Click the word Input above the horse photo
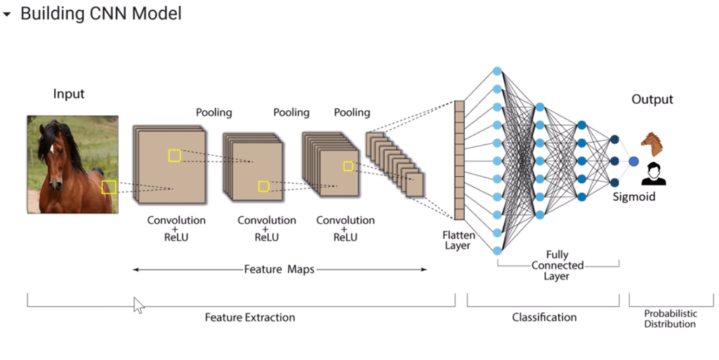coord(69,94)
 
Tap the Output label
coord(652,100)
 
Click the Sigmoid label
coord(633,196)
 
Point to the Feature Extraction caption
coord(250,317)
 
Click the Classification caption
coord(544,317)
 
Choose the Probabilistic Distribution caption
coord(670,319)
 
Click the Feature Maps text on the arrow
coord(279,269)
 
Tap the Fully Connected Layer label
coord(557,265)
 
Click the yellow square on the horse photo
coord(108,187)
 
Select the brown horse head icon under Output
coord(652,143)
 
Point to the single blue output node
coord(633,161)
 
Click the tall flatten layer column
coord(459,161)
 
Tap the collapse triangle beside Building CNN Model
coord(8,14)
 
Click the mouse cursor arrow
coord(139,305)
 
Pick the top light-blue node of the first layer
coord(497,71)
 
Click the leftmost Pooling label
coord(214,112)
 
